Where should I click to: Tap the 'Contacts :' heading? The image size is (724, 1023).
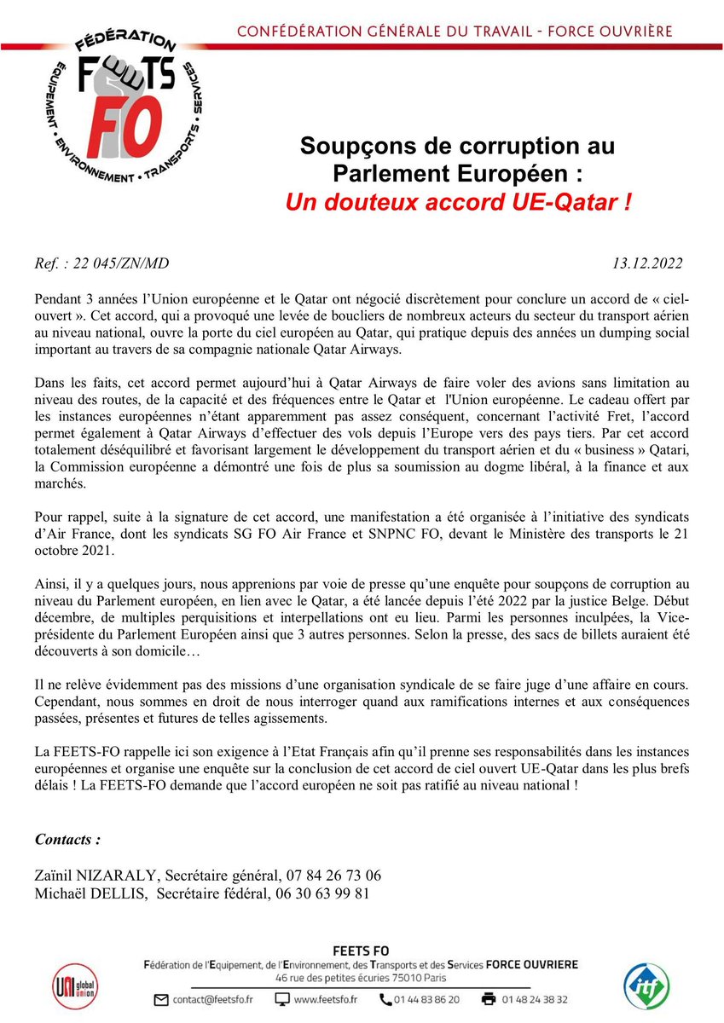click(67, 839)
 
